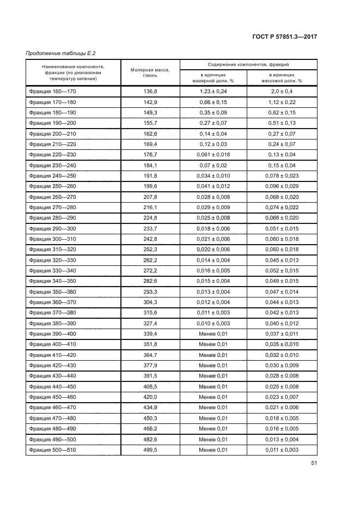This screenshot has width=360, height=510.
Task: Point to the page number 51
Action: pos(314,463)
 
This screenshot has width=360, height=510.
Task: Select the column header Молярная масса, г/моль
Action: pos(150,72)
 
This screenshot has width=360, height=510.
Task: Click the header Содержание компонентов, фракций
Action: pos(248,64)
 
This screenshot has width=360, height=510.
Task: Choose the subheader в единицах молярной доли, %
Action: pos(213,77)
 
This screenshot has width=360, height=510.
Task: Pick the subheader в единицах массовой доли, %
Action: pos(282,77)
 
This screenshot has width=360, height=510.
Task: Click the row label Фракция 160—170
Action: pos(53,92)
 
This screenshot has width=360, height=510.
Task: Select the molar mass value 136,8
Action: pos(150,92)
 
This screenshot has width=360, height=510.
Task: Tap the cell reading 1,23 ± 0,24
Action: pos(213,92)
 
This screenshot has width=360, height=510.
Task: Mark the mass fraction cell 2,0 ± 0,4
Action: pos(282,92)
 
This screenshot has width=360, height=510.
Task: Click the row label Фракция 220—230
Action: pos(53,155)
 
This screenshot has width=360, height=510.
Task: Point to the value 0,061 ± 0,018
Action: pos(213,155)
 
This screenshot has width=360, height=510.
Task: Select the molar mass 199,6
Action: pos(150,186)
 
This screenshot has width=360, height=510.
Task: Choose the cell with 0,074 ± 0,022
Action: pos(282,208)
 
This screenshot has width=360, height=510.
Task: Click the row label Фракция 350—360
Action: pos(53,292)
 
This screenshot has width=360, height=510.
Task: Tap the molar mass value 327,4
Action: pos(150,323)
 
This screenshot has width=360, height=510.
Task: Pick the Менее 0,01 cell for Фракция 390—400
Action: pos(213,334)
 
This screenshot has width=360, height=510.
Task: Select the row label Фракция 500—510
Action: pos(53,450)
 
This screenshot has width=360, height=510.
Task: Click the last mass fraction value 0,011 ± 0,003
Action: pos(282,450)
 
